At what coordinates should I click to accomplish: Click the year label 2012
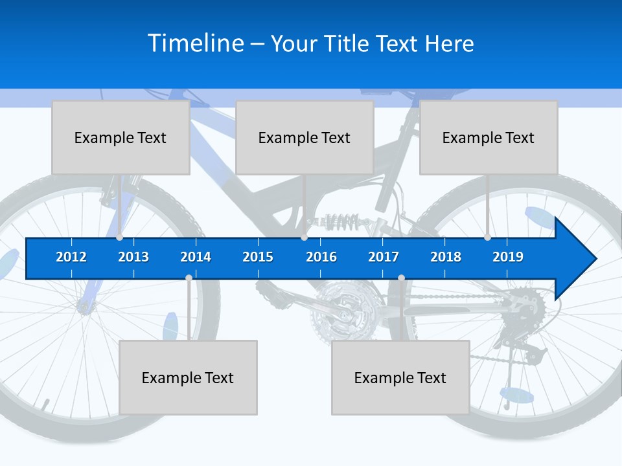71,257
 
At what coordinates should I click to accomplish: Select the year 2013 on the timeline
133,257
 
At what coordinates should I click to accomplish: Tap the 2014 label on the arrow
196,257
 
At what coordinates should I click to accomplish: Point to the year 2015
258,257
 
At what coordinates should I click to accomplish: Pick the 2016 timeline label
321,257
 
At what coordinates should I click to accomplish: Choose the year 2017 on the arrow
384,257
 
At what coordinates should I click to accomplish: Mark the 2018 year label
446,257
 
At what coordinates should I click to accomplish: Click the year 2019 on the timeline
508,257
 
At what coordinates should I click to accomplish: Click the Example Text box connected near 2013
121,137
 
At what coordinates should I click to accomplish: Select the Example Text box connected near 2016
305,137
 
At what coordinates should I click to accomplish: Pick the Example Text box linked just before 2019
489,137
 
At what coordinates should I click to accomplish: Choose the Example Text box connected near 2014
188,377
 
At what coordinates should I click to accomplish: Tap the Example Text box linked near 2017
400,377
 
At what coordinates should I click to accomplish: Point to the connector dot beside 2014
189,278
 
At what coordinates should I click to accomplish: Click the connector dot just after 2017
401,278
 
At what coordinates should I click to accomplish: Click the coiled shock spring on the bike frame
341,223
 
